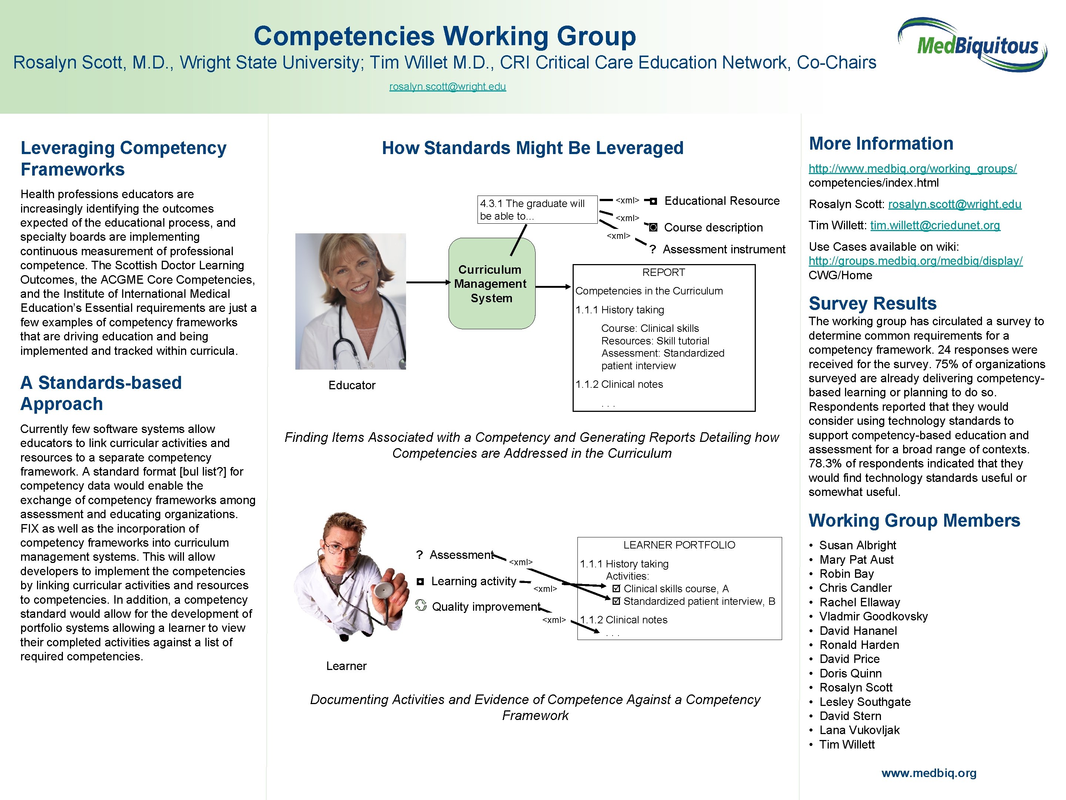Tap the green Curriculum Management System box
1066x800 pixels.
point(492,284)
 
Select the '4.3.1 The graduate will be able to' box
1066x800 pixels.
point(537,210)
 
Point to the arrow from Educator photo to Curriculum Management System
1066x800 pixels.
point(428,282)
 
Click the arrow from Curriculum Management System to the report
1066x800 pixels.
point(553,287)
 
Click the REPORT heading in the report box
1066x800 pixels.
point(663,273)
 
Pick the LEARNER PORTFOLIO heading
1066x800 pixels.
point(679,545)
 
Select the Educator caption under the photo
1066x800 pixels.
point(352,385)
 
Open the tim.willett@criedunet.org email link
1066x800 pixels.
point(935,225)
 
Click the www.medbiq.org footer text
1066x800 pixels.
point(929,773)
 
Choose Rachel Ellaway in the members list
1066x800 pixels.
point(859,602)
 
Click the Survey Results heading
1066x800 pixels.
point(872,303)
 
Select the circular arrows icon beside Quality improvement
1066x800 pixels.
point(421,606)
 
